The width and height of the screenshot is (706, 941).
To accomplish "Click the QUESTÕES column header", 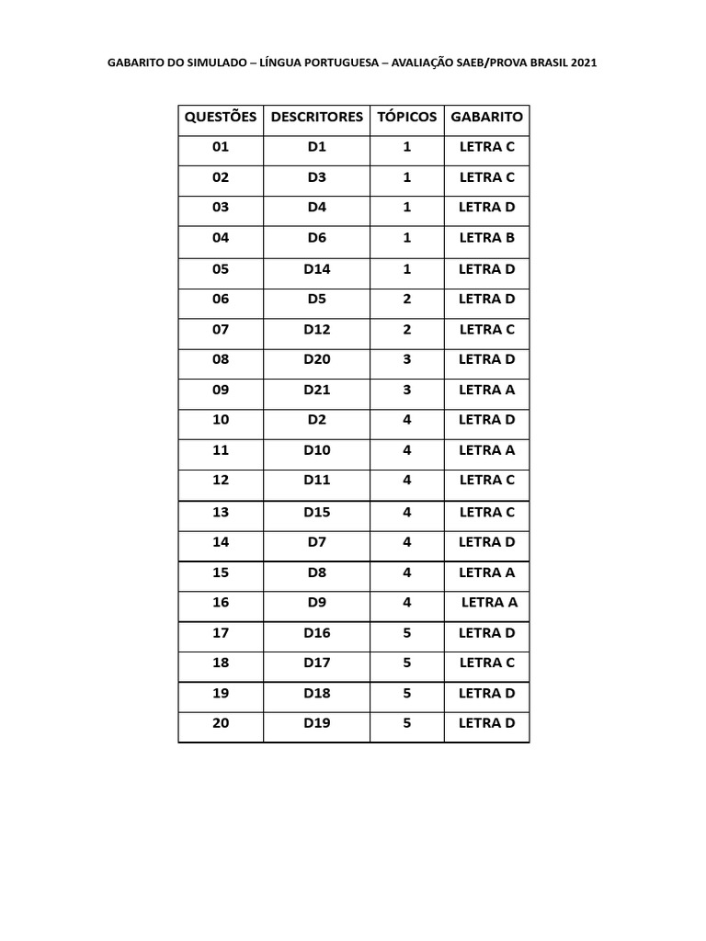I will tap(221, 118).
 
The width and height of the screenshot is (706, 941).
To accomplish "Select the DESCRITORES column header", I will tap(316, 118).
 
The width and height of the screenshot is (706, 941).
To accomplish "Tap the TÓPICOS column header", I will tap(406, 118).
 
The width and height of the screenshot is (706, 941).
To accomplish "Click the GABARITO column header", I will tap(486, 118).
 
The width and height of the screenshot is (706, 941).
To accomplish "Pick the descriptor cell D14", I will tap(316, 269).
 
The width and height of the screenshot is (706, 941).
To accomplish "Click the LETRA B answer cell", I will tap(486, 238).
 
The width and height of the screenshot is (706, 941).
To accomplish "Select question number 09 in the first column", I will tap(221, 390).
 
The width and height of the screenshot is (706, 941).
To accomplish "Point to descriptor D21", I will tap(316, 390).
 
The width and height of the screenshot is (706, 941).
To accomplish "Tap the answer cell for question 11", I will tap(486, 450).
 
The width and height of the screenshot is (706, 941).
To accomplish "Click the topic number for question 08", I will tap(406, 359).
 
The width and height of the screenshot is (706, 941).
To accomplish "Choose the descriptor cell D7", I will tap(316, 542).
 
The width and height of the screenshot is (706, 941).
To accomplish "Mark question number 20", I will tap(221, 723).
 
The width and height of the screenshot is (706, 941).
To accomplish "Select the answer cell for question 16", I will tap(489, 603).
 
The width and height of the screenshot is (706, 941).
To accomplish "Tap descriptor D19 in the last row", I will tap(316, 723).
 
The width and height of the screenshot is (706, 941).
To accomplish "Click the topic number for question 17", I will tap(406, 633).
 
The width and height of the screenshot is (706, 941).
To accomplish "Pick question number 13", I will tap(221, 512).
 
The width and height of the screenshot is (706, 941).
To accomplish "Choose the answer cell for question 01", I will tap(486, 147).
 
